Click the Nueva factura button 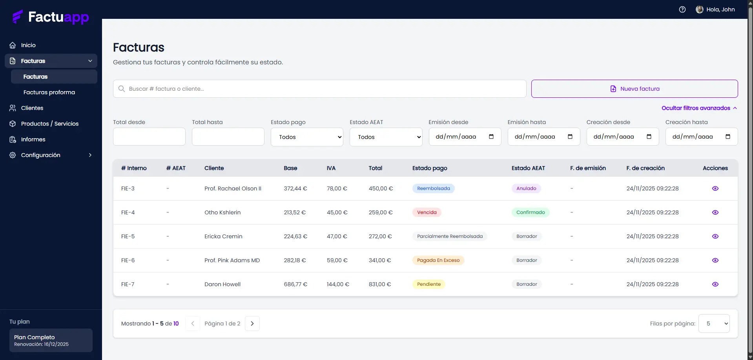coord(634,89)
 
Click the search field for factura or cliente coord(319,89)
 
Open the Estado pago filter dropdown coord(307,137)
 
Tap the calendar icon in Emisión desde coord(491,137)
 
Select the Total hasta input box coord(228,137)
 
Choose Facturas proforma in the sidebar coord(49,92)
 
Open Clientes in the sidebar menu coord(32,108)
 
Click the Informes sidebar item coord(33,139)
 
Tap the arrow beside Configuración coord(90,155)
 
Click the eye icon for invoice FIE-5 coord(715,236)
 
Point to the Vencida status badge coord(427,212)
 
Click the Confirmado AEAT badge coord(530,212)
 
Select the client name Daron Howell coord(222,284)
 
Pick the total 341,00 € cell coord(380,260)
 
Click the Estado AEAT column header coord(528,168)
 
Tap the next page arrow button coord(252,323)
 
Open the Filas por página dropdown coord(714,323)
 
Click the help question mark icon coord(682,9)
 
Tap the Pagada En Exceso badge coord(438,260)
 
